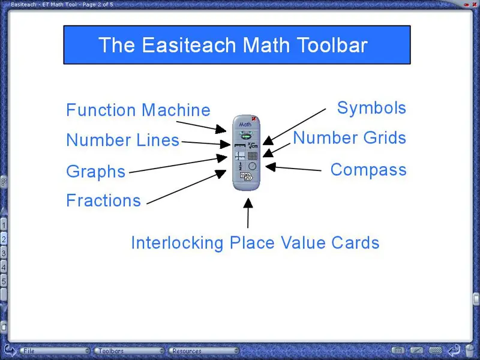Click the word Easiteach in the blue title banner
pos(190,45)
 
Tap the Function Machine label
pos(139,110)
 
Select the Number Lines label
pos(123,140)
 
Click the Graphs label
pos(96,172)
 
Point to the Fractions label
pos(103,200)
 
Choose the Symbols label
pos(371,108)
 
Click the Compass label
pos(368,170)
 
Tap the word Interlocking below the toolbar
pos(177,243)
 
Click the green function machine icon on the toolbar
pos(246,134)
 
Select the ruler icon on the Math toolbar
pos(240,145)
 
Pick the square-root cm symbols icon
pos(253,145)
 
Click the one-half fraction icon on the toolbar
pos(241,166)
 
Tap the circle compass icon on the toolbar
pos(252,166)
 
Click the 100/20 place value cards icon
pos(246,176)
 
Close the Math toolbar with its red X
pos(254,119)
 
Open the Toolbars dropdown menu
pos(130,351)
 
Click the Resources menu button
pos(203,351)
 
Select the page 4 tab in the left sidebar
pos(4,267)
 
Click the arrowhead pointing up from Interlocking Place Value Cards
pos(248,203)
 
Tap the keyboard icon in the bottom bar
pos(436,350)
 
